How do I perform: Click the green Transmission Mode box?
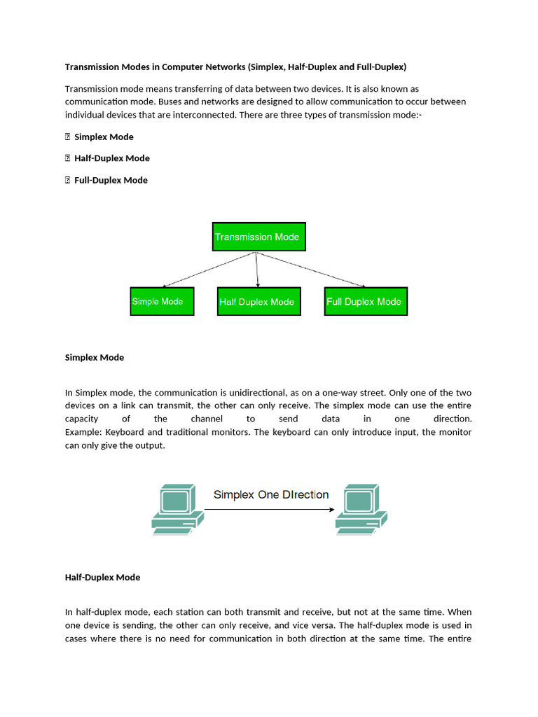pos(258,237)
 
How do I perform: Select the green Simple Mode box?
pos(162,301)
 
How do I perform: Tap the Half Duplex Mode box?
pos(258,301)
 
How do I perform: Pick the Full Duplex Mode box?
pos(365,301)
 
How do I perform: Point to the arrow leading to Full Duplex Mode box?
pos(312,270)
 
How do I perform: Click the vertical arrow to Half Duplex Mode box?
pos(258,270)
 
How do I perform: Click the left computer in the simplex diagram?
pos(177,509)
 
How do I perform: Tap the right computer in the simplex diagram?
pos(361,509)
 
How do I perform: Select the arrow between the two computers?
pos(270,510)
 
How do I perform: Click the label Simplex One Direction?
pos(271,494)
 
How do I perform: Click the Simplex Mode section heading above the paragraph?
pos(95,357)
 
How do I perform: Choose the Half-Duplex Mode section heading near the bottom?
pos(103,577)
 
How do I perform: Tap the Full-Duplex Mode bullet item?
pos(111,180)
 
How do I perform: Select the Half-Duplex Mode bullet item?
pos(112,158)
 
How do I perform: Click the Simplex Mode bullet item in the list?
pos(104,137)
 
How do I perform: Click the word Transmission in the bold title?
pos(92,67)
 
